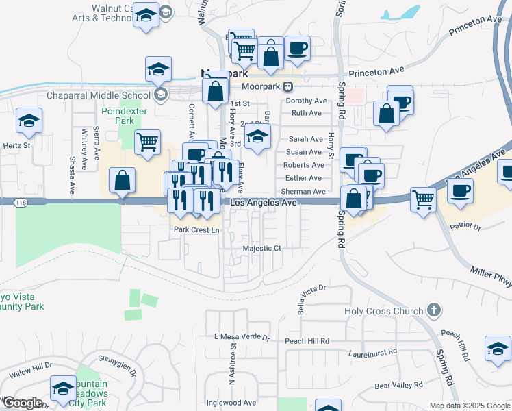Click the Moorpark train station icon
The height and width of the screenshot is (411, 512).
tap(289, 87)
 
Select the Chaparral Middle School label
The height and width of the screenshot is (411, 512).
tap(99, 95)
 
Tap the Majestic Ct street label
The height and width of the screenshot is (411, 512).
tap(263, 248)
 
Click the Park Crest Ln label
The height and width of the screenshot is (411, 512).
tap(196, 230)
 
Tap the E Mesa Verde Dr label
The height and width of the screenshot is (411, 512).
tap(242, 337)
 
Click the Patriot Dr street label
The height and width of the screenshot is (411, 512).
tap(466, 226)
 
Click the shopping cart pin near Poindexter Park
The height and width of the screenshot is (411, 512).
tap(147, 143)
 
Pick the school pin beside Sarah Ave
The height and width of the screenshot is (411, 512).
tap(257, 136)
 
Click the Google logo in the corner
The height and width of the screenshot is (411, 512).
tap(23, 403)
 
